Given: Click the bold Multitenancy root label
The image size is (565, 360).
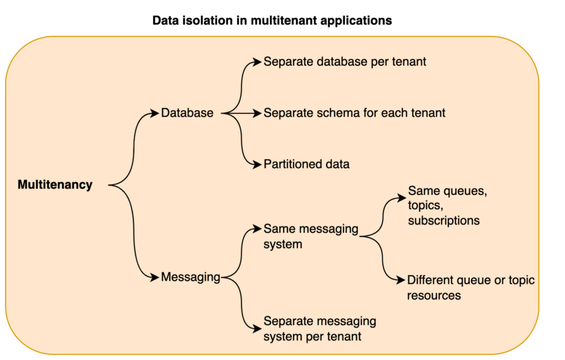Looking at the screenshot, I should coord(55,184).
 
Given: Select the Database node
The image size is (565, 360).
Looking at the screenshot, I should coord(187,113).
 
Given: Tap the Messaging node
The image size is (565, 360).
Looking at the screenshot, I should coord(190,277).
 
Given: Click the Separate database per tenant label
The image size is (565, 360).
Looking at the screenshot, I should coord(345,62).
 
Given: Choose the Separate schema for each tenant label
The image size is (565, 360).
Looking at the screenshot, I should coord(354,113).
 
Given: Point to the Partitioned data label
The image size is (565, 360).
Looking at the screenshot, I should coord(306,164).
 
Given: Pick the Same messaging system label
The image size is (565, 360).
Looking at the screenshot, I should coord(311,236).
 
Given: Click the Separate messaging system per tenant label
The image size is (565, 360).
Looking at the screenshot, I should coord(319,329).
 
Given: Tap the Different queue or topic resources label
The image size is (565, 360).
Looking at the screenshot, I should coord(470,288).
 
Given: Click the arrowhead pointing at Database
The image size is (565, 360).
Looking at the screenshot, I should coord(155,113).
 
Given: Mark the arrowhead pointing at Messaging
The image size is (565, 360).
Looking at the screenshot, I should coord(155,277).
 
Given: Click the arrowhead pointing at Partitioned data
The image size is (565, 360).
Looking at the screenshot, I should coord(258,164).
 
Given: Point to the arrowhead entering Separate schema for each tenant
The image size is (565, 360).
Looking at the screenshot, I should coord(258,113).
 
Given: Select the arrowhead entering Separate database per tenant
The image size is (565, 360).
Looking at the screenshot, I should coord(258,62).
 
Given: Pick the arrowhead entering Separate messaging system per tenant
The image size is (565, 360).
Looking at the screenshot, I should coord(258,328).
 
